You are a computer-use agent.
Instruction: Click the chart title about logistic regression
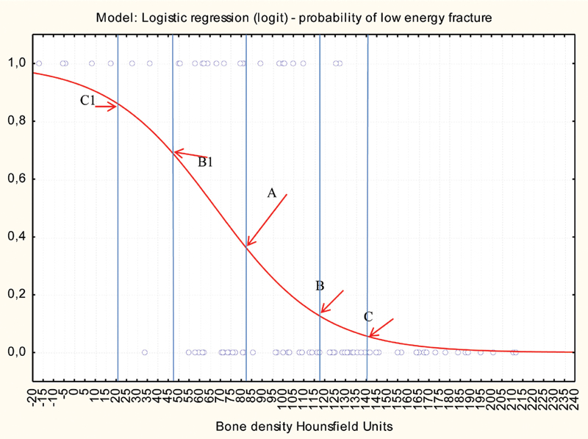[x=294, y=18]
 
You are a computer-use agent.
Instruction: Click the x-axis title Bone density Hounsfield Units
[x=304, y=426]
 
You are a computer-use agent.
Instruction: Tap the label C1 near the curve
[x=87, y=100]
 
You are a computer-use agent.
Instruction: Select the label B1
[x=205, y=162]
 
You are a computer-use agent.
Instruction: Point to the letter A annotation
[x=271, y=193]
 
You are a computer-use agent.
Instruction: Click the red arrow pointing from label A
[x=267, y=220]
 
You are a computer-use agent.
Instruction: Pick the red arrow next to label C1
[x=106, y=107]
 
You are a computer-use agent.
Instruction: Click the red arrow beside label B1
[x=190, y=154]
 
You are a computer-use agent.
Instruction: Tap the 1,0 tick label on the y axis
[x=17, y=63]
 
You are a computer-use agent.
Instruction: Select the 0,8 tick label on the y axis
[x=17, y=121]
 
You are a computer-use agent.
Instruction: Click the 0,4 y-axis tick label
[x=17, y=237]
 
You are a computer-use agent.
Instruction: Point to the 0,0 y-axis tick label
[x=17, y=353]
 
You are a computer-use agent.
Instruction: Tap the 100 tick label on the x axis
[x=282, y=397]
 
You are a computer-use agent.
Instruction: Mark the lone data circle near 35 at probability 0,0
[x=145, y=352]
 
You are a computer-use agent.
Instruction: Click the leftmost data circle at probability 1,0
[x=39, y=63]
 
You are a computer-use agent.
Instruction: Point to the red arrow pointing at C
[x=381, y=327]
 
